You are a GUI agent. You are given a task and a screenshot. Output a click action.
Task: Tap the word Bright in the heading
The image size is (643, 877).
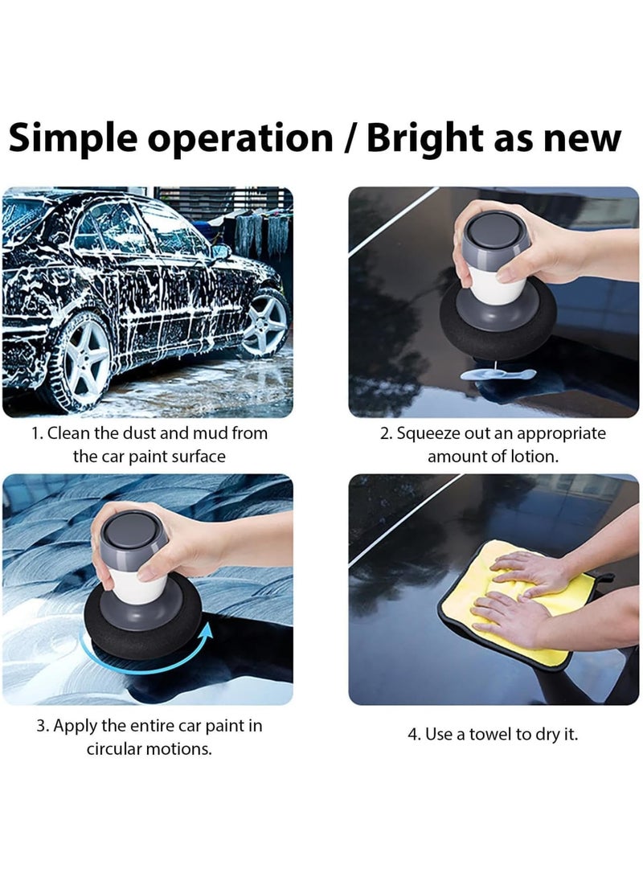tap(423, 139)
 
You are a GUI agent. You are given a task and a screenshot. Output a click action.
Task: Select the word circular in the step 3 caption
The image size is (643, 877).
tap(121, 748)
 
